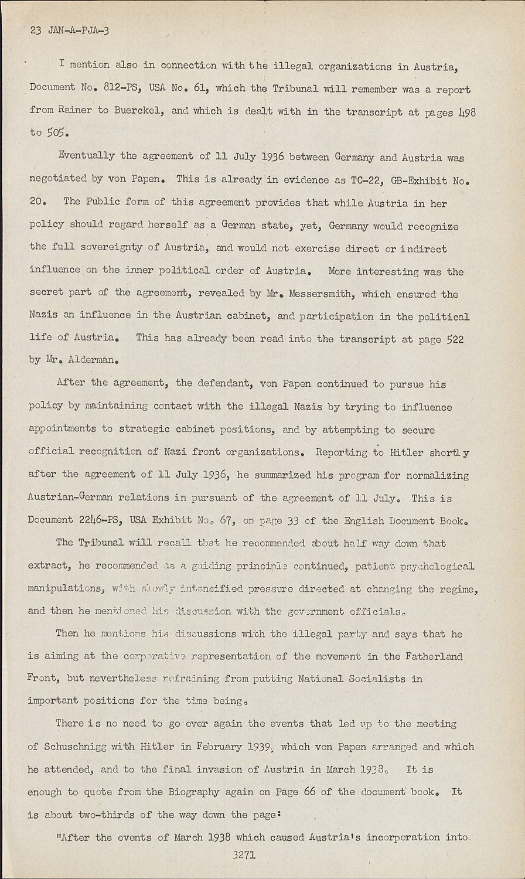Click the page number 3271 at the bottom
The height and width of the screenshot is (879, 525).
coord(244,855)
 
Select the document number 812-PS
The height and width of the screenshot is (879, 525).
coord(122,88)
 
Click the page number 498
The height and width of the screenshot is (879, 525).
coord(463,111)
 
